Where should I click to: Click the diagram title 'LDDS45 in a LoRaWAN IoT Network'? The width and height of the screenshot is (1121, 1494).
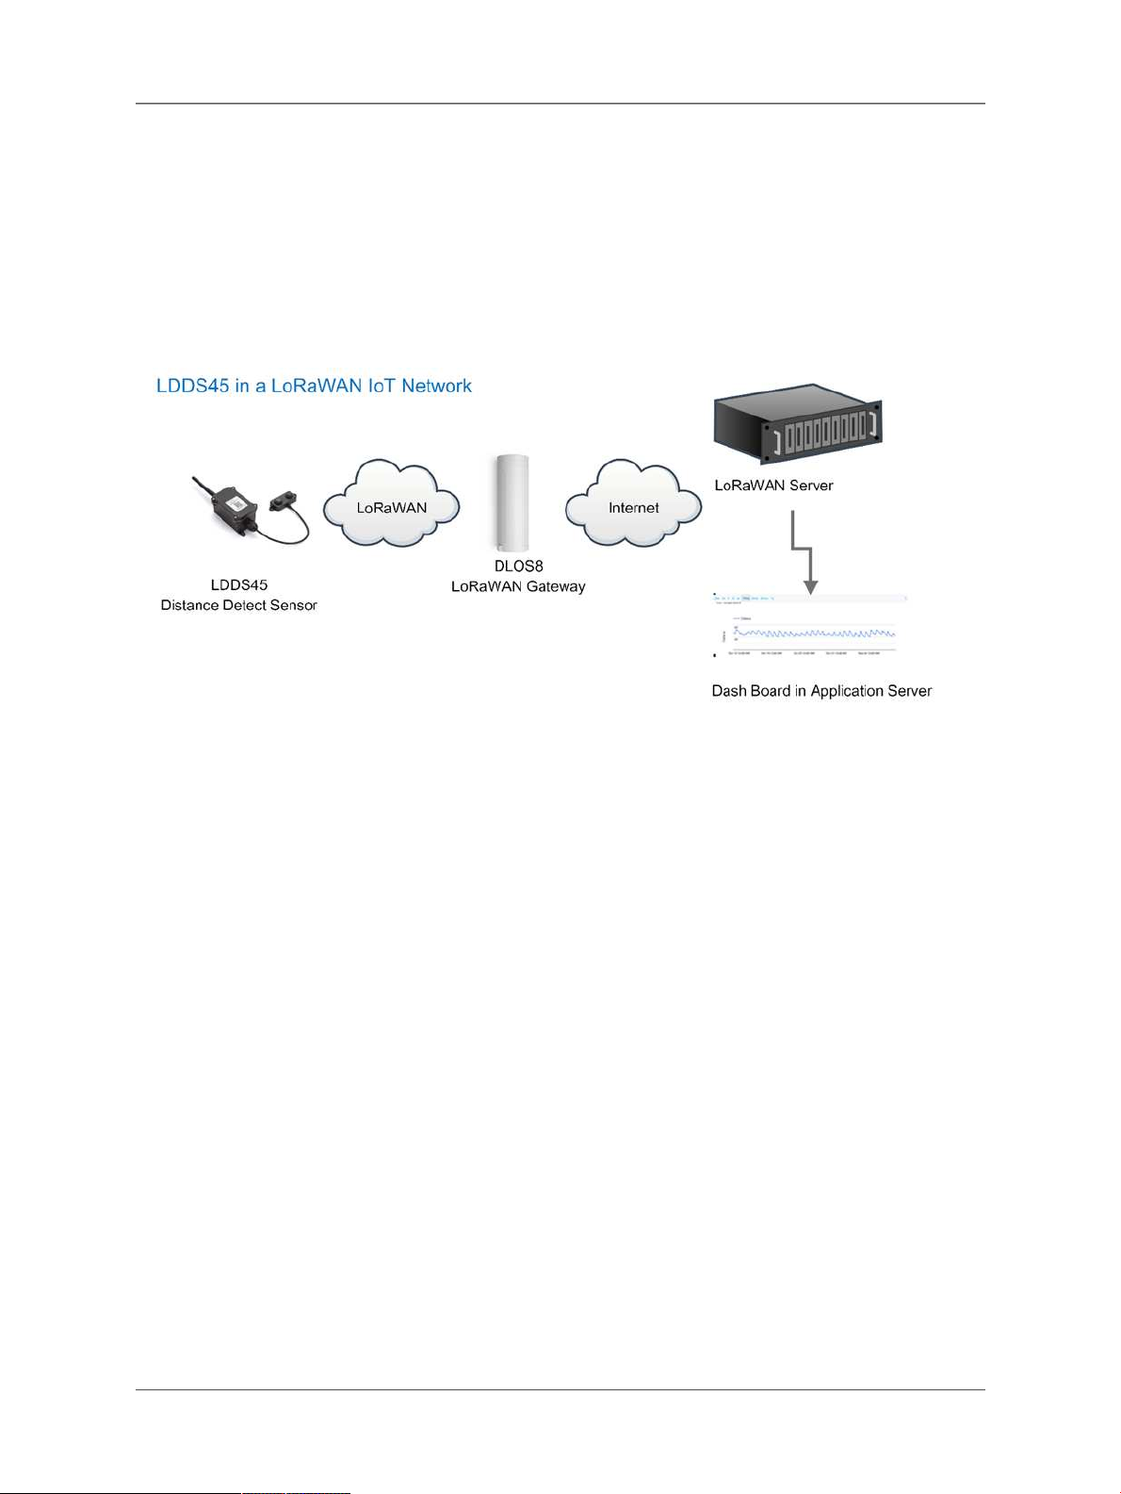[314, 386]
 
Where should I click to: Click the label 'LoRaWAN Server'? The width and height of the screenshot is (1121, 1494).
[773, 485]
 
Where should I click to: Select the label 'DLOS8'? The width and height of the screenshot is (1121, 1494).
[518, 566]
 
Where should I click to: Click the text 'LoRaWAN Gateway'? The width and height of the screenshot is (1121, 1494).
[518, 586]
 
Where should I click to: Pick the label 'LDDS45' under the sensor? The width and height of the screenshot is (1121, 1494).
[239, 585]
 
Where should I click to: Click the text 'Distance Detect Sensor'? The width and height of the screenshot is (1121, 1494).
[239, 605]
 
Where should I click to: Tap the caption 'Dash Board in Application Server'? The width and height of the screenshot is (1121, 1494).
[821, 691]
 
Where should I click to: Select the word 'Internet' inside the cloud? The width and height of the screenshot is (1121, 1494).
[633, 508]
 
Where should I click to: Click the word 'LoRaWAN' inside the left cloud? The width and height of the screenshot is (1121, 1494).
[391, 508]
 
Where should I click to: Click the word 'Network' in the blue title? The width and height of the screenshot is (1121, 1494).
[436, 386]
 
